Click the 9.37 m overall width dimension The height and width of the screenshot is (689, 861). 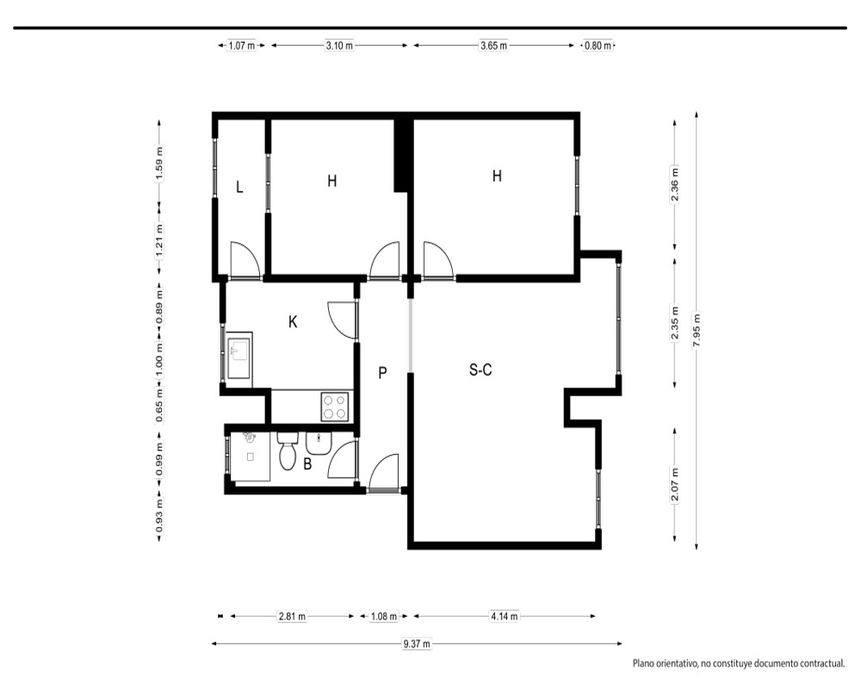pyautogui.click(x=417, y=644)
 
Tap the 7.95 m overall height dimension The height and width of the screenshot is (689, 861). pyautogui.click(x=697, y=330)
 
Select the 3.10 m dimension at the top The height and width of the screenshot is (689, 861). pyautogui.click(x=339, y=46)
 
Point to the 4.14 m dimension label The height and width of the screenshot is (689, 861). pyautogui.click(x=504, y=617)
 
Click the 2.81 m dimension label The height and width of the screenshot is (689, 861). pyautogui.click(x=292, y=617)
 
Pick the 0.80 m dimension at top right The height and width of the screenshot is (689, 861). pyautogui.click(x=598, y=46)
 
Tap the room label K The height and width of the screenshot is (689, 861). pyautogui.click(x=293, y=322)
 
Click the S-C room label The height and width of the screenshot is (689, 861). pyautogui.click(x=480, y=370)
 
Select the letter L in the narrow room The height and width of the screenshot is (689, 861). pyautogui.click(x=239, y=188)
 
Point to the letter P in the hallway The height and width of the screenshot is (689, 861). pyautogui.click(x=383, y=373)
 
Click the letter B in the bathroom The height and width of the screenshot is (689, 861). pyautogui.click(x=307, y=464)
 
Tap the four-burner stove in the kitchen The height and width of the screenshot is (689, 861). pyautogui.click(x=335, y=407)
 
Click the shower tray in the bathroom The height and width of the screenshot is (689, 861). pyautogui.click(x=251, y=456)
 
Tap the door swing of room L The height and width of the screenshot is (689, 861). pyautogui.click(x=245, y=258)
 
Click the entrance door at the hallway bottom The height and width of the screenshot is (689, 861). pyautogui.click(x=384, y=473)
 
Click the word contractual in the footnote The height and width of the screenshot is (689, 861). pyautogui.click(x=820, y=664)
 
